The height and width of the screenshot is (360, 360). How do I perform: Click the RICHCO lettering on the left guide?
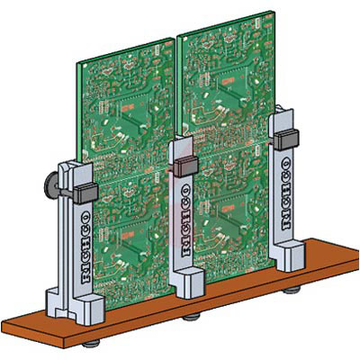coord(86,247)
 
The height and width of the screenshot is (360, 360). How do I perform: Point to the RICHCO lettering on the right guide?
coord(286,194)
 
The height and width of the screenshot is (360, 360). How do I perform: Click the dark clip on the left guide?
coord(85,193)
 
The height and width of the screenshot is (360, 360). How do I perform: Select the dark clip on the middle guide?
coord(186,166)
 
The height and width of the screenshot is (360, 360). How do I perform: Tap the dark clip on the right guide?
coord(286,140)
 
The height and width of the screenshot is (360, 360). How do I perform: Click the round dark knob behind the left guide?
coord(50,185)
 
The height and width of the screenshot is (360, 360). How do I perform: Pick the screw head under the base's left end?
coord(91,344)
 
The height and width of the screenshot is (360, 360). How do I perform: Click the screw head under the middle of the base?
coord(191,317)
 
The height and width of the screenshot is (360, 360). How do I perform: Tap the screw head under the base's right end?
coord(292,290)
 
